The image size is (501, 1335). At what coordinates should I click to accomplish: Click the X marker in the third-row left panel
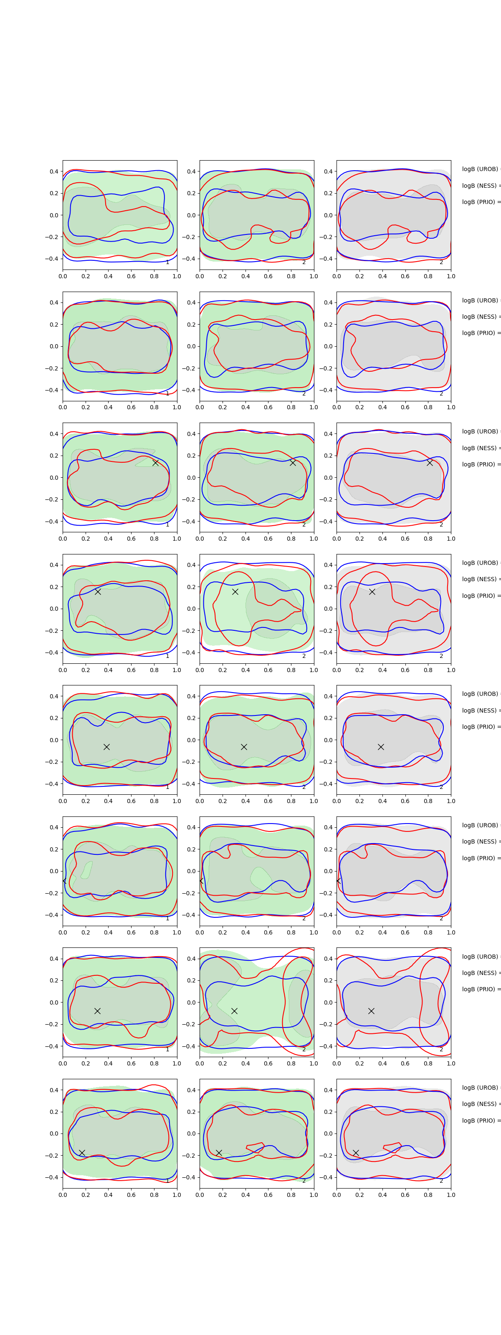[x=155, y=462]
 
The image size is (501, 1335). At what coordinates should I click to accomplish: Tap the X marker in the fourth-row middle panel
[x=235, y=591]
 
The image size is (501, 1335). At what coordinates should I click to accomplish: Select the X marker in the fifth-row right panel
[x=381, y=747]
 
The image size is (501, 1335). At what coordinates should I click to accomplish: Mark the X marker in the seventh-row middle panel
[x=234, y=1010]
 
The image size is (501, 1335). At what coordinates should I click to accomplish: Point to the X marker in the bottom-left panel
[x=82, y=1153]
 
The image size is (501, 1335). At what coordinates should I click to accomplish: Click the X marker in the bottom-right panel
[x=356, y=1153]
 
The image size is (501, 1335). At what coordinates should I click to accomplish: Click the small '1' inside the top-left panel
[x=167, y=262]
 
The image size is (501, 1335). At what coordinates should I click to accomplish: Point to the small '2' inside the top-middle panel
[x=304, y=262]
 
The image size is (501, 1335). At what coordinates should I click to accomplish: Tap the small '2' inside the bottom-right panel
[x=441, y=1181]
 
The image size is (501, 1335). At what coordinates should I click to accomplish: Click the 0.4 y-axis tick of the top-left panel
[x=54, y=171]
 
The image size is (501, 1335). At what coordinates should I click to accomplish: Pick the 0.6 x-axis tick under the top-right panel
[x=405, y=276]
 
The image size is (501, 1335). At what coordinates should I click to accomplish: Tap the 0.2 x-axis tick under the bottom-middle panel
[x=223, y=1194]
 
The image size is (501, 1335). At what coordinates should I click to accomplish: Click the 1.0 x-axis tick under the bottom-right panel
[x=451, y=1194]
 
